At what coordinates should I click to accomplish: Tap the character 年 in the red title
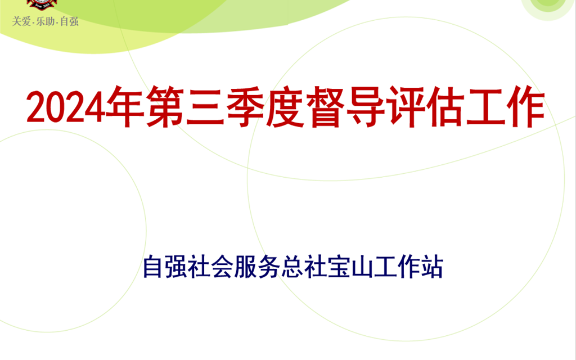coord(125,106)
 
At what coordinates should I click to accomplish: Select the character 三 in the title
coord(205,106)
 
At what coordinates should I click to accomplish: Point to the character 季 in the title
coord(245,106)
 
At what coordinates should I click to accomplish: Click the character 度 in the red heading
coord(285,106)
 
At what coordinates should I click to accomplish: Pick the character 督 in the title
coord(325,106)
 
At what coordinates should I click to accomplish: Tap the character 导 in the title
coord(365,106)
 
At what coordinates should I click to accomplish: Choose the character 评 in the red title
coord(405,106)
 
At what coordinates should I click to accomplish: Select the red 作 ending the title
coord(525,106)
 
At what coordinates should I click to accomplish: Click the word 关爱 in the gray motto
coord(21,21)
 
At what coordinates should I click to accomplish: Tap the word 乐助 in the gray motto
coord(45,21)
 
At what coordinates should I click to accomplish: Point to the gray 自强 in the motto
coord(69,21)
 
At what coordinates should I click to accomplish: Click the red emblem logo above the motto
coord(42,4)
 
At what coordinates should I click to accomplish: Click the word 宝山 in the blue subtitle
coord(350,267)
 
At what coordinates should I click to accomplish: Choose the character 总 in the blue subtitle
coord(292,267)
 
